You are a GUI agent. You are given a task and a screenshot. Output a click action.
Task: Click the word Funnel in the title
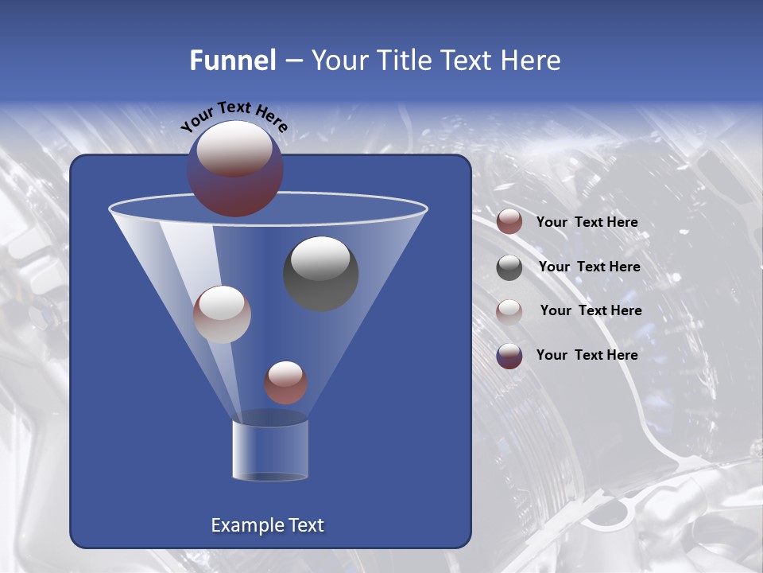click(x=233, y=60)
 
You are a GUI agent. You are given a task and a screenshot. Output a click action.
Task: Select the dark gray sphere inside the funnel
click(x=321, y=274)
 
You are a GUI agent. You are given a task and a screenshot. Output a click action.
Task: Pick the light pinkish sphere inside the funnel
click(x=222, y=315)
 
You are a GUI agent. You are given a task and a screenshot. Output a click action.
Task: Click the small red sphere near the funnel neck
click(x=285, y=383)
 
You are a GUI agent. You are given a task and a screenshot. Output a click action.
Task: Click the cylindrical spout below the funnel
click(x=270, y=450)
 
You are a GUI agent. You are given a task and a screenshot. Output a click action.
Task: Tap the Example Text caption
click(x=267, y=525)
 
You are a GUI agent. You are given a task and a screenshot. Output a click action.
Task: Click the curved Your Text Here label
click(x=234, y=115)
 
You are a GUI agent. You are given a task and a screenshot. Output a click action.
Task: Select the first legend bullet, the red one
click(x=509, y=222)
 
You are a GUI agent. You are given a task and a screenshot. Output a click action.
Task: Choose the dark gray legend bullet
click(x=509, y=267)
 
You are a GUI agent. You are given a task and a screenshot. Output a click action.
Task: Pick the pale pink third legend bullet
click(x=509, y=311)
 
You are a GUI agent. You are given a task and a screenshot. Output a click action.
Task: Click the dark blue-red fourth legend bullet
click(x=509, y=356)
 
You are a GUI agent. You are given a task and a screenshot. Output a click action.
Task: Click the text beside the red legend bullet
click(x=587, y=223)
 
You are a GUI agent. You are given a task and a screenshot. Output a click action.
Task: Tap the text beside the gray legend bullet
click(x=589, y=267)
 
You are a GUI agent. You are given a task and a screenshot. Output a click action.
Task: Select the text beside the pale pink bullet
click(x=591, y=311)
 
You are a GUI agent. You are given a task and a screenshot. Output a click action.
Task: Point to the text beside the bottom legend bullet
click(x=587, y=355)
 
